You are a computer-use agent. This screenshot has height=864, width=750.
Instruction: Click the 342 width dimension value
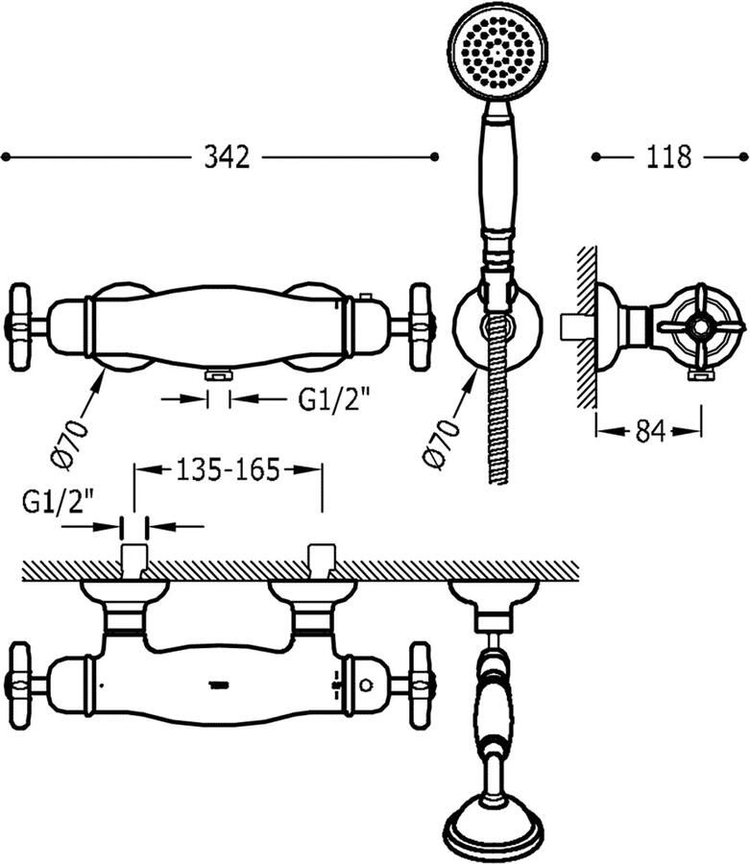point(227,157)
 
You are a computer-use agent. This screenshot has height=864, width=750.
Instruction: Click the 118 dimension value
point(668,157)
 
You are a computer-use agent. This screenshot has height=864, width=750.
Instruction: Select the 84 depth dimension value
point(650,431)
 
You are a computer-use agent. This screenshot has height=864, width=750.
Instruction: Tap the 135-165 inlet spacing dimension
point(229,469)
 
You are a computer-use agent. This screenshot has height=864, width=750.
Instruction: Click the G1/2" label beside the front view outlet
point(333,399)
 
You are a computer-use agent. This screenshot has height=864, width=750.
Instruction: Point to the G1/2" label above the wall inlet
point(58,502)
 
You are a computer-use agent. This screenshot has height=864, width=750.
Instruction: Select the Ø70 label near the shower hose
point(442,444)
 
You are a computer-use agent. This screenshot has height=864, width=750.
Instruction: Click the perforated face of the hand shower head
point(498,54)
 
